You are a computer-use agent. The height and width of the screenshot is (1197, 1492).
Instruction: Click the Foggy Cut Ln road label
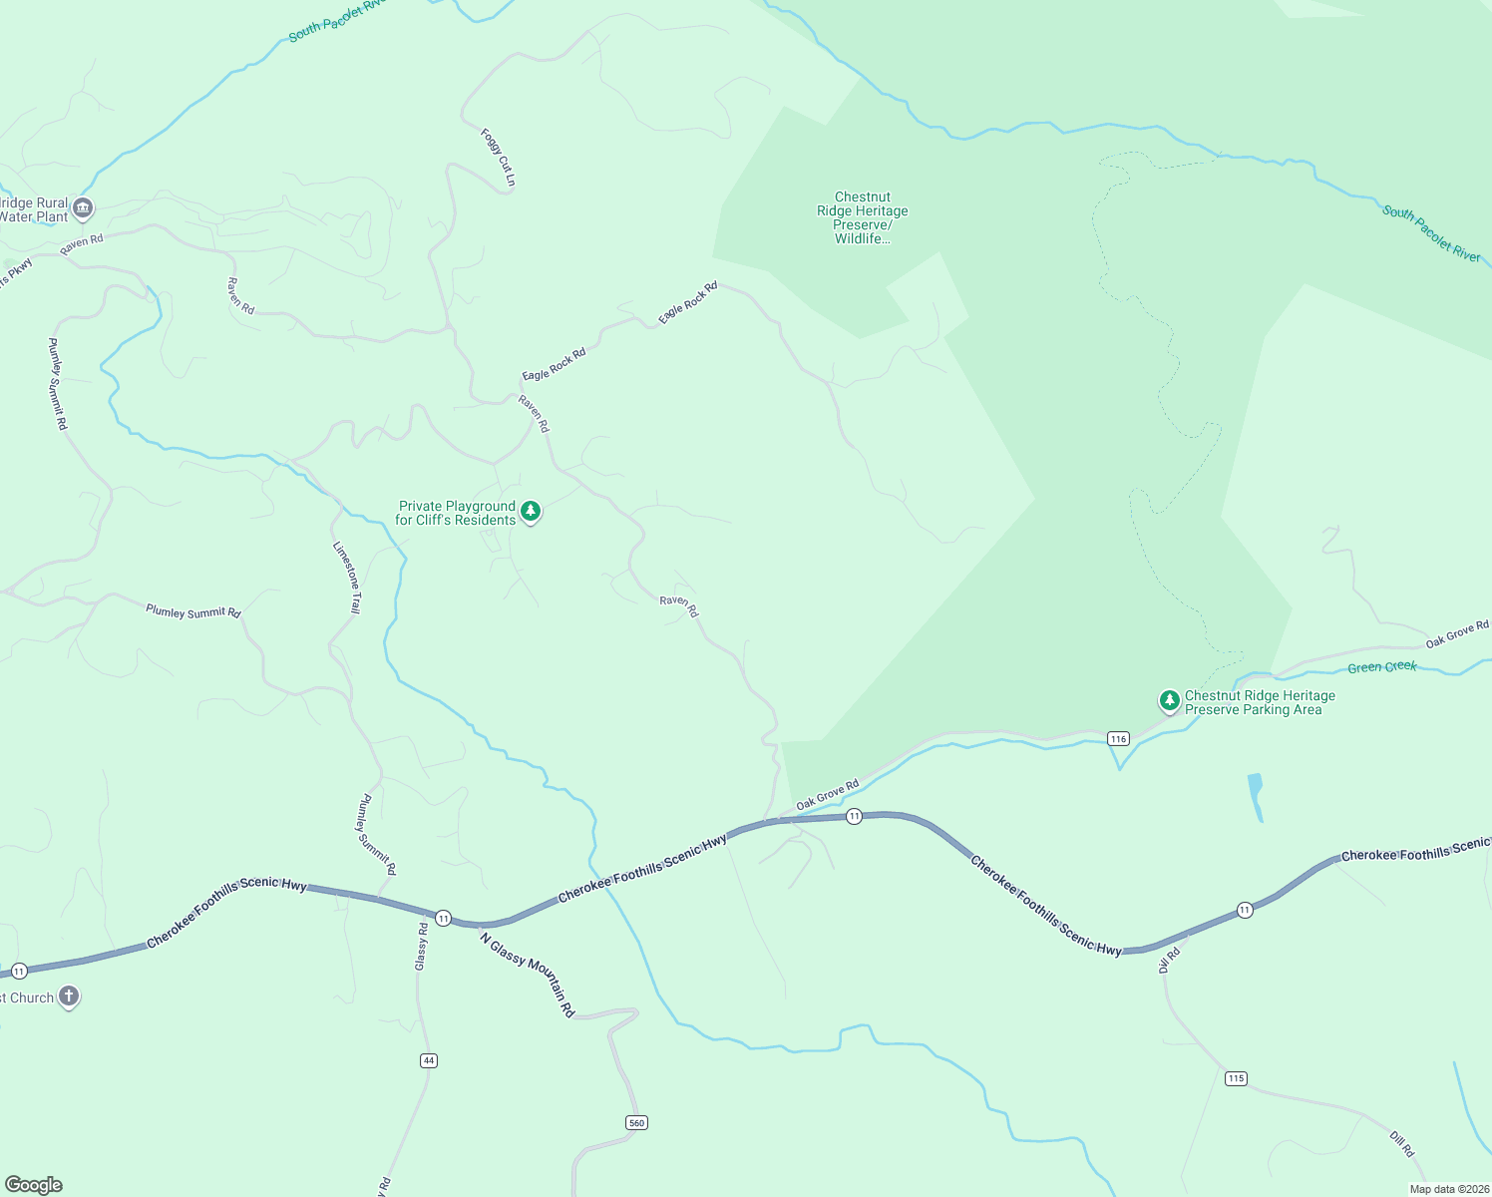click(498, 157)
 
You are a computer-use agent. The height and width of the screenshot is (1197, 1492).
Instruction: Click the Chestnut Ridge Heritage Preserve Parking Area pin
click(1170, 700)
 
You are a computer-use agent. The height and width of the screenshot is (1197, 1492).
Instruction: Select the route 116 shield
click(1118, 738)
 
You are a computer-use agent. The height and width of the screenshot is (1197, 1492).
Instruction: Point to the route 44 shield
click(429, 1060)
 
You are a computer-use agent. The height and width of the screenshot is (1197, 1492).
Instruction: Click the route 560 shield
click(637, 1123)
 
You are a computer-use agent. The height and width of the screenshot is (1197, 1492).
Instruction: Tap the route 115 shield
click(1236, 1078)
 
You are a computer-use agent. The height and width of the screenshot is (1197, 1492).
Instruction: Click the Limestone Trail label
click(347, 578)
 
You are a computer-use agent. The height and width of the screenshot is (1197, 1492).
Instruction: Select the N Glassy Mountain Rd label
click(528, 974)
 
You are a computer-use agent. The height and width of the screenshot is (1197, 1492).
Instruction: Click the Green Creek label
click(1382, 666)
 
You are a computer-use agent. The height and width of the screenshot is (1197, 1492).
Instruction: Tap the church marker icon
click(69, 996)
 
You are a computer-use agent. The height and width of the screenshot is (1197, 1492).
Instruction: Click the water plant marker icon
click(84, 208)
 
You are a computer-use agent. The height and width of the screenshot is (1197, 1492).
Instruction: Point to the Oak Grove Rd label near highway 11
click(828, 795)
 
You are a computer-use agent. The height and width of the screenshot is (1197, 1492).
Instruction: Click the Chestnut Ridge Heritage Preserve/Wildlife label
click(863, 217)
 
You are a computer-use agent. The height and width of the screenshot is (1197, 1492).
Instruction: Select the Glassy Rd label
click(421, 947)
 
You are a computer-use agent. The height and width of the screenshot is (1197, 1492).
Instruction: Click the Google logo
click(34, 1185)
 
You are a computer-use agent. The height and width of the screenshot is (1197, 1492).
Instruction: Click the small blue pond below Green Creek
click(1256, 795)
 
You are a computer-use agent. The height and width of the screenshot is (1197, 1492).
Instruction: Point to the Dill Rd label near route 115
click(1402, 1143)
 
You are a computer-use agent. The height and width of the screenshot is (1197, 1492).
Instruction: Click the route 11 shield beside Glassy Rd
click(443, 918)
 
